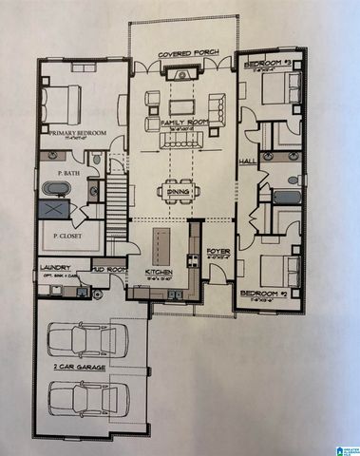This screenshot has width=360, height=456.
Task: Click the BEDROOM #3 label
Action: point(267,64)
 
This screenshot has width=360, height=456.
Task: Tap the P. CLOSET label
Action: point(66,237)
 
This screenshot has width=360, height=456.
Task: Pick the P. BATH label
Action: point(66,173)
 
